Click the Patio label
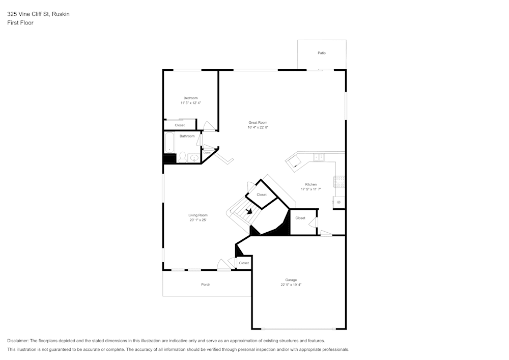tap(321, 53)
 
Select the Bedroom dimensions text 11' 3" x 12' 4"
tap(190, 103)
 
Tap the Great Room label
tap(258, 122)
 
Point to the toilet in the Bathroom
tap(182, 158)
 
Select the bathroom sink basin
tap(194, 158)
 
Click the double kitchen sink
tap(319, 157)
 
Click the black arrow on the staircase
tap(249, 211)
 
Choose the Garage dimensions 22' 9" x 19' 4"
tap(291, 285)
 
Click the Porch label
tap(206, 285)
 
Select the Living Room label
tap(198, 215)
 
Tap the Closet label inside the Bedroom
tap(180, 125)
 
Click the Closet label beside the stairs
tap(261, 195)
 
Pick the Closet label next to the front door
tap(244, 263)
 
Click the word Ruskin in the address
tap(61, 14)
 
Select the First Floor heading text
tap(20, 23)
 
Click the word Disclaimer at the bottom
tap(18, 341)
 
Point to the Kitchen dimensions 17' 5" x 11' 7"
tap(310, 189)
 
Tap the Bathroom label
tap(187, 136)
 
